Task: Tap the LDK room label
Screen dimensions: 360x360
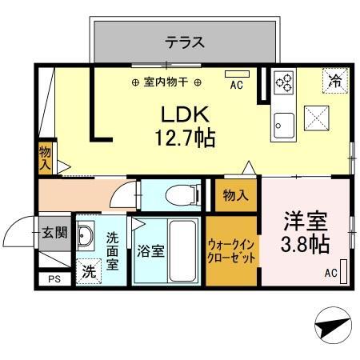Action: [183, 114]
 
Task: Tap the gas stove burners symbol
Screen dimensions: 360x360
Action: [284, 81]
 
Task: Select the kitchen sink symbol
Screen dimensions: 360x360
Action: [283, 125]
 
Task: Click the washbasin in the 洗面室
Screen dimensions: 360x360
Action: [89, 237]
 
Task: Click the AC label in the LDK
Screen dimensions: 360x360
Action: [236, 83]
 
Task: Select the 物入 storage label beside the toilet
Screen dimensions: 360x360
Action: [234, 195]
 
